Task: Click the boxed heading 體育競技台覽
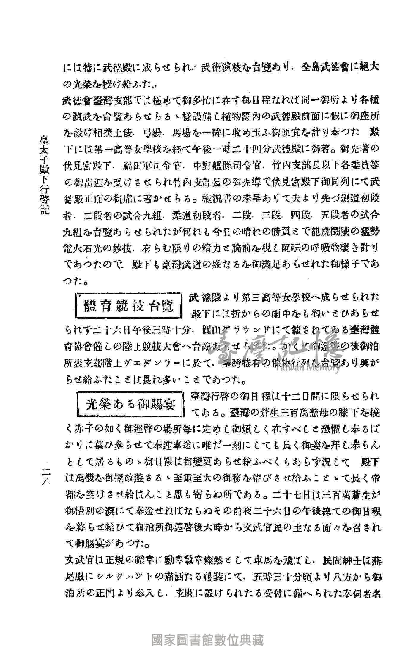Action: click(x=129, y=307)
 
